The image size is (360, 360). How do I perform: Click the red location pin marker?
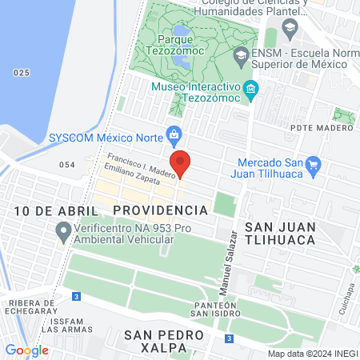coord(182,162)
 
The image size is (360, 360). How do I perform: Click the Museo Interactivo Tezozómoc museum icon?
coord(251,89)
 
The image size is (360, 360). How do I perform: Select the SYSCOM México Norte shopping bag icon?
coord(172,134)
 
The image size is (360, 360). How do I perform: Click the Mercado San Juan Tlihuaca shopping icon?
coord(314,166)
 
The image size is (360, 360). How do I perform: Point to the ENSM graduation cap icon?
coord(240,56)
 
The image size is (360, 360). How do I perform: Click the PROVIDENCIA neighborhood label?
coord(160,210)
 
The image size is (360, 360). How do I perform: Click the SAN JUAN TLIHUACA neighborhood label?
coord(280,233)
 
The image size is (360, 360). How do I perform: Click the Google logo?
coord(26,350)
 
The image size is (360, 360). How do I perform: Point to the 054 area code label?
coord(67,165)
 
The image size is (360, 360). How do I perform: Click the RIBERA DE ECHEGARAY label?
coord(33,308)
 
